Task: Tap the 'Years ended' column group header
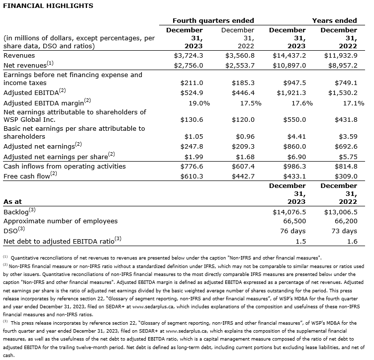point(334,20)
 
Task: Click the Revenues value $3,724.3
point(189,56)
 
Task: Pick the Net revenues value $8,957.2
point(341,65)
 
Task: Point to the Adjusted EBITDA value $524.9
point(191,92)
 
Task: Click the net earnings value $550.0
point(294,120)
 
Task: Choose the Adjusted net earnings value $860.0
point(294,146)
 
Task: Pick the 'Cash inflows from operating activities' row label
point(65,166)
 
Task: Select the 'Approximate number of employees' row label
point(60,221)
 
